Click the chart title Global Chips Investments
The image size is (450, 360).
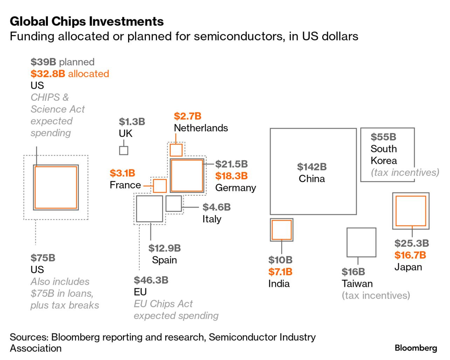[x=86, y=21]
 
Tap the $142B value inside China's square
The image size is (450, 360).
[x=312, y=167]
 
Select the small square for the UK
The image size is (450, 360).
[x=124, y=150]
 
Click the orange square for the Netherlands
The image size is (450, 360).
[x=176, y=150]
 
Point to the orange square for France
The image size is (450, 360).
[x=160, y=186]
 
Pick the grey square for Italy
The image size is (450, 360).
[x=174, y=203]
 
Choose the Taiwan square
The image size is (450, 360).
[x=361, y=242]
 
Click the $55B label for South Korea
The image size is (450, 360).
[x=383, y=137]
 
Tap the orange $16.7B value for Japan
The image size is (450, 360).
[x=410, y=255]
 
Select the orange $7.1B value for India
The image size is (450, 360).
[x=280, y=272]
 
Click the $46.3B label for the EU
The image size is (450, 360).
[x=151, y=280]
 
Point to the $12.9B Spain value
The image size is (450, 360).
[x=164, y=248]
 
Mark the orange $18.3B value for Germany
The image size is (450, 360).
[x=231, y=176]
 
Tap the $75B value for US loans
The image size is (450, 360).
[x=43, y=258]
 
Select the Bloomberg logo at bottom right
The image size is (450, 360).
[x=416, y=348]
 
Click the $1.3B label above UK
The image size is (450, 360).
[x=132, y=122]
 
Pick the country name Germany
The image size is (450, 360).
[x=235, y=188]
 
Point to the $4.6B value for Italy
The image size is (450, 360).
[x=216, y=207]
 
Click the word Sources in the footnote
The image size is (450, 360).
[x=29, y=337]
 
